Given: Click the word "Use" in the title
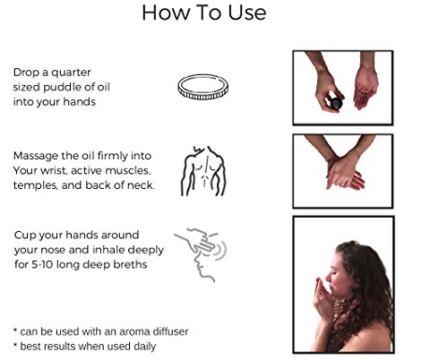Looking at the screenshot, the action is coord(247,13).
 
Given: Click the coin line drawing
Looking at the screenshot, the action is coord(203,87).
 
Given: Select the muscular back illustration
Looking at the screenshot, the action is coord(203,171).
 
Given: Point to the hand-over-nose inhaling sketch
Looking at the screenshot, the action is coord(201,254).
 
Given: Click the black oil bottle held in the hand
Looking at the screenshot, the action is coord(336,103).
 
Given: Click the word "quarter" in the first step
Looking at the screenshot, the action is coord(71,73).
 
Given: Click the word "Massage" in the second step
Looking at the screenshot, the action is coord(36,156).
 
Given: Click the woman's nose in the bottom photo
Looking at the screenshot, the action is coord(329,279).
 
